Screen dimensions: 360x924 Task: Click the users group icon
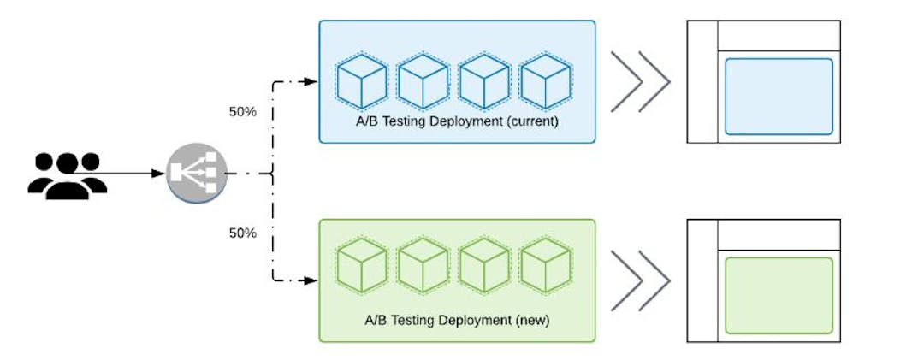[68, 174]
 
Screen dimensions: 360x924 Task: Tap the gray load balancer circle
[193, 174]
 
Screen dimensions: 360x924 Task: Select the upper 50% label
[242, 112]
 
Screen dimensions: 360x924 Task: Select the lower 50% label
[242, 232]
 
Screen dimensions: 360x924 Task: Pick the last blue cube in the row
[545, 82]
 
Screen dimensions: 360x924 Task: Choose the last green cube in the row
[545, 266]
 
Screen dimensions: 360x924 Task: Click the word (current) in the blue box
[533, 121]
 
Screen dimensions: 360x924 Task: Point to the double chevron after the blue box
[639, 81]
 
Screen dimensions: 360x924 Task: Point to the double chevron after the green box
[639, 280]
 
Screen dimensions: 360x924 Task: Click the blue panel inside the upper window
[779, 96]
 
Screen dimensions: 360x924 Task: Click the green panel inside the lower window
[779, 295]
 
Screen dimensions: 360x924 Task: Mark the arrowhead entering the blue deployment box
[312, 82]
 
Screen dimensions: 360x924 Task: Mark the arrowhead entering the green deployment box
[312, 280]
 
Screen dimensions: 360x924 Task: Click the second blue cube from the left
[423, 82]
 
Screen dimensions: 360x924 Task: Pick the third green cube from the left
[484, 266]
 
